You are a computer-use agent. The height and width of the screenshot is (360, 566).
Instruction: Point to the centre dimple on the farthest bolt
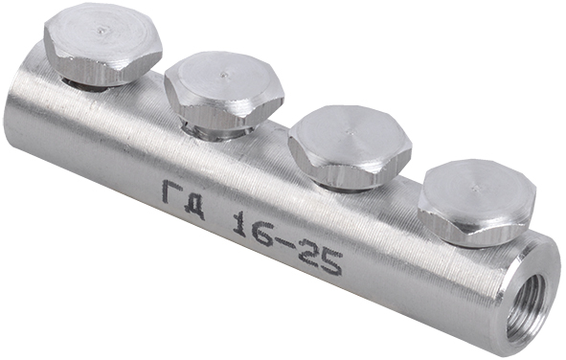[102, 32]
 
